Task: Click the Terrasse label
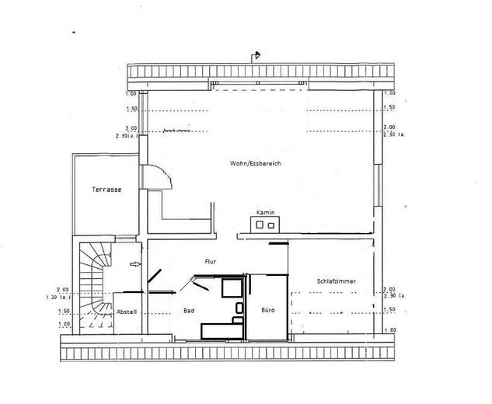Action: (x=105, y=190)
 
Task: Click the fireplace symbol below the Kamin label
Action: (x=264, y=225)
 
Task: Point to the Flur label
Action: (x=210, y=262)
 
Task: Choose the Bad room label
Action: (x=188, y=310)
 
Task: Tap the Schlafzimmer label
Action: (x=336, y=280)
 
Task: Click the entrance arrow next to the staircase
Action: (x=137, y=265)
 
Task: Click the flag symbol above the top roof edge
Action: (x=256, y=55)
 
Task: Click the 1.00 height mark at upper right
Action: (x=389, y=94)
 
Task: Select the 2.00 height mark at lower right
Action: (x=389, y=288)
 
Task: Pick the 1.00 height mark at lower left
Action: (x=64, y=323)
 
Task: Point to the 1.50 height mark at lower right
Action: (x=389, y=309)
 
